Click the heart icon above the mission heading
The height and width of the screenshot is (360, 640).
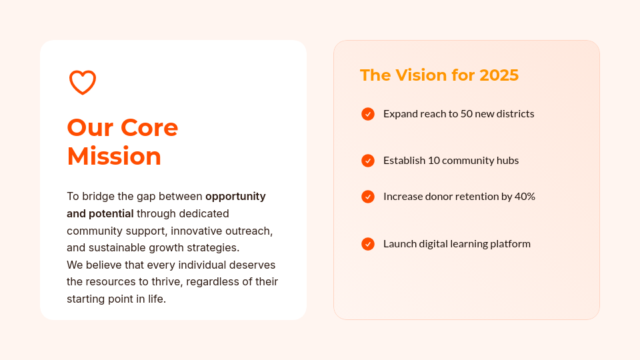[x=83, y=83]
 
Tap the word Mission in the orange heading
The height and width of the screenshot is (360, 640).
[x=114, y=156]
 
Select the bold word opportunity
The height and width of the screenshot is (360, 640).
[x=235, y=197]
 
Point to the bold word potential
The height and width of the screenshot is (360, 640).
[x=111, y=214]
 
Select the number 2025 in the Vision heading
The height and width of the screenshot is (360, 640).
[x=499, y=75]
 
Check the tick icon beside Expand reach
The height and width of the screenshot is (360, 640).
[x=368, y=114]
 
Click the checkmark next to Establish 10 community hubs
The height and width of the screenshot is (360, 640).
[x=368, y=161]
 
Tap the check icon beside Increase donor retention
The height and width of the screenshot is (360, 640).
[x=368, y=197]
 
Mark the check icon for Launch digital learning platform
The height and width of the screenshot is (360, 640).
[x=368, y=244]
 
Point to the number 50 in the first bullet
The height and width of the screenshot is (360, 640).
[x=467, y=114]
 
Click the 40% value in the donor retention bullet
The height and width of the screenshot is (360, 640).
[x=525, y=197]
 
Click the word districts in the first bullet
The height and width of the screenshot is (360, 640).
[x=513, y=114]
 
